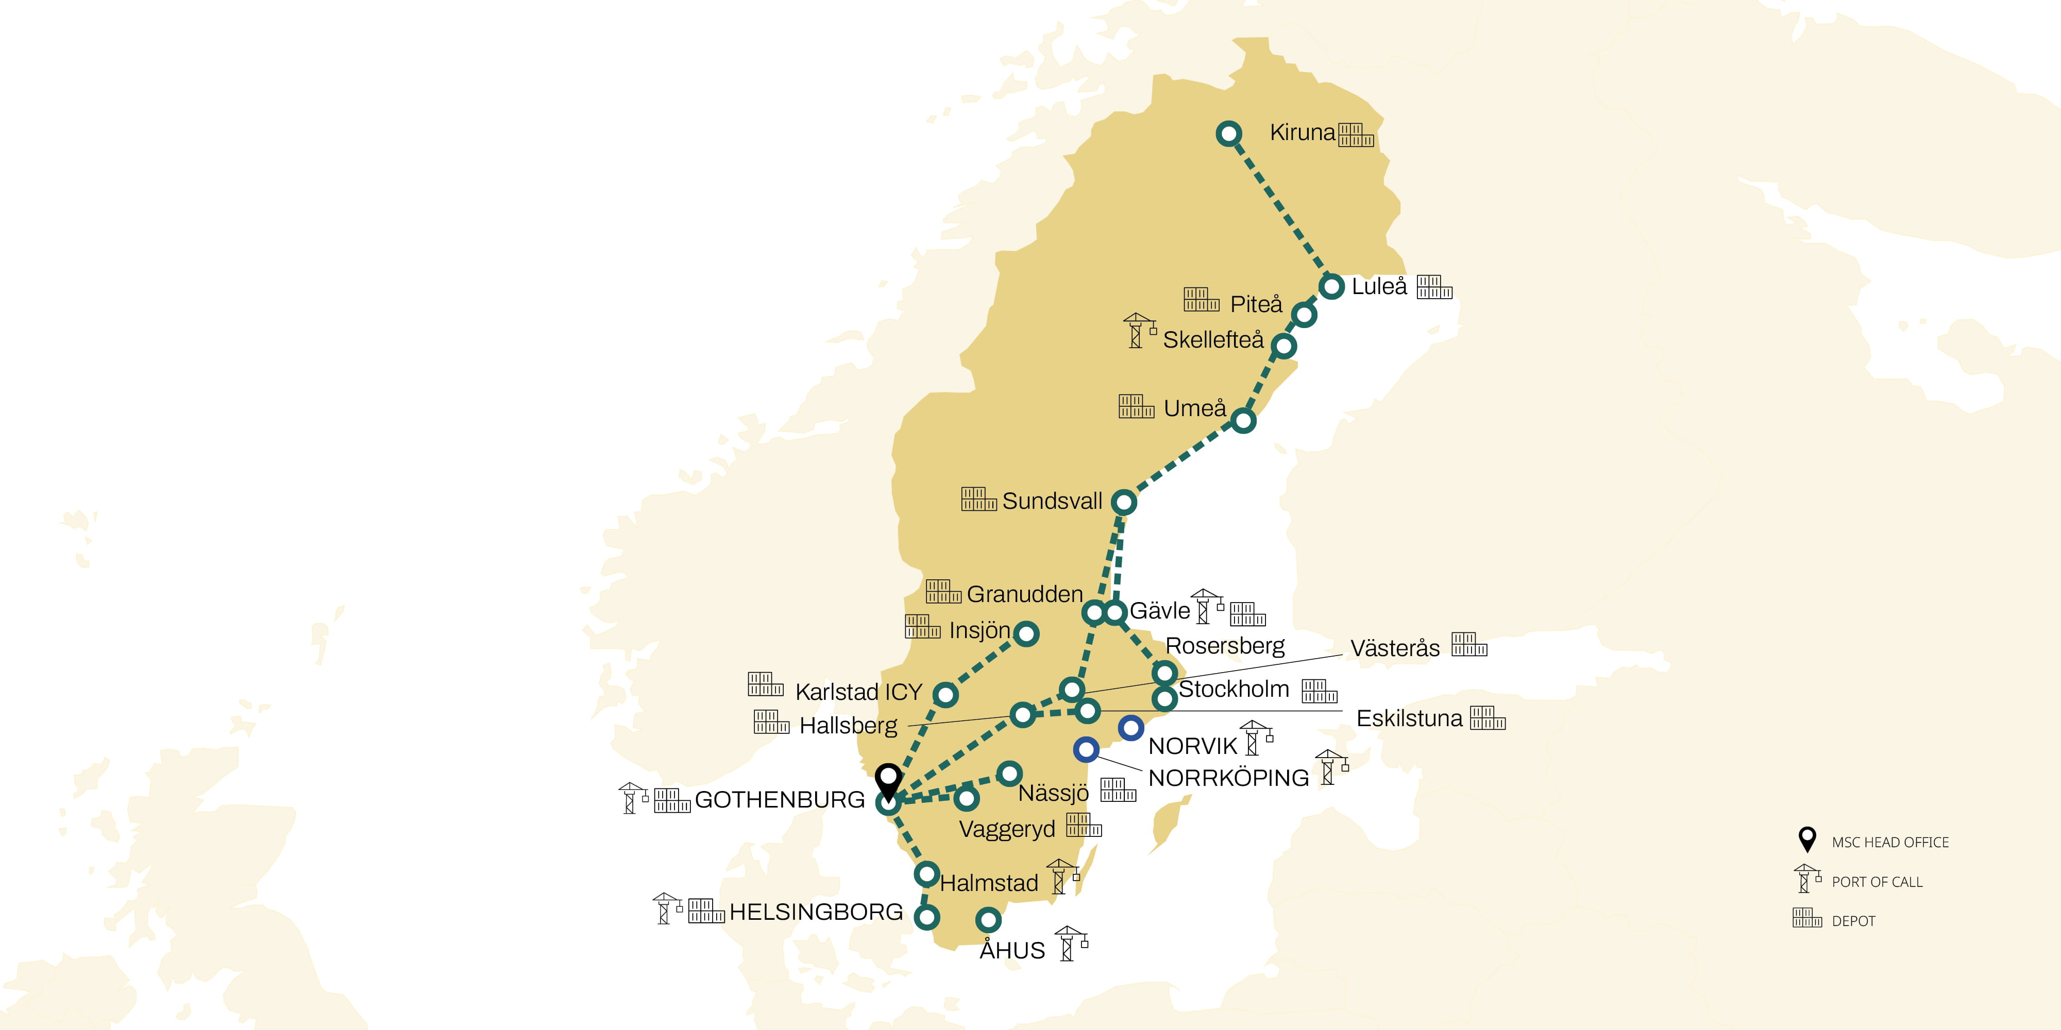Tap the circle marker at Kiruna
(1229, 133)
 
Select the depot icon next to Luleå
(1434, 287)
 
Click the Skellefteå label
(1213, 340)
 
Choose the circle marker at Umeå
(1242, 421)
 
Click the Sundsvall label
(1052, 502)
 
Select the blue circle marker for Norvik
(1130, 728)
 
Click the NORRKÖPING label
(1228, 778)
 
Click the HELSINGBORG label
(816, 913)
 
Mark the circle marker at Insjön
(1026, 634)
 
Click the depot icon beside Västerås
(1469, 645)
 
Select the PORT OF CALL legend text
(1877, 882)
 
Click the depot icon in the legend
(1806, 918)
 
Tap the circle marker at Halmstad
(926, 874)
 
